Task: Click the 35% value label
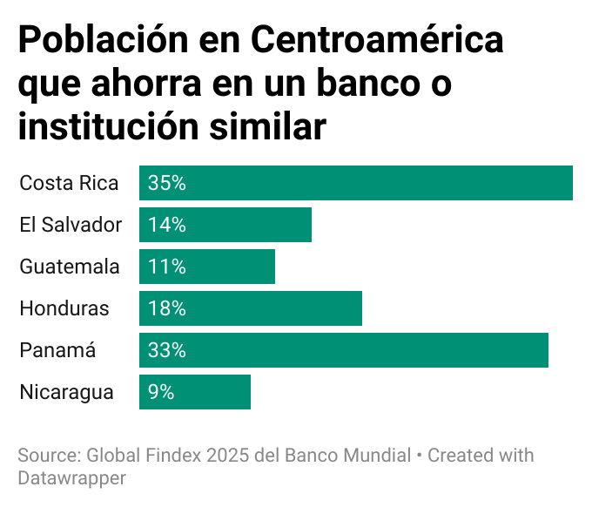167,183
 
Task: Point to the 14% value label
167,225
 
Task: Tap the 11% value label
167,267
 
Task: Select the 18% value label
167,308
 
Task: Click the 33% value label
167,350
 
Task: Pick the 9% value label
161,392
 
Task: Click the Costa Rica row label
69,183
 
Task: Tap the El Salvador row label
71,225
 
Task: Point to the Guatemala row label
70,267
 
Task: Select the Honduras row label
64,308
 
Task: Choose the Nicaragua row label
66,392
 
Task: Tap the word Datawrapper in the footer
71,477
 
